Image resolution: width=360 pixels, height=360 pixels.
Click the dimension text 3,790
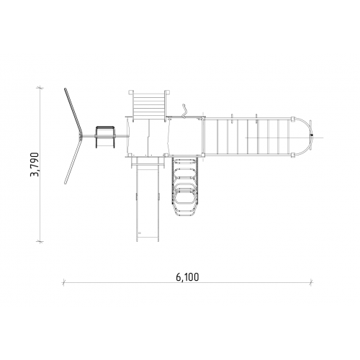(x=35, y=164)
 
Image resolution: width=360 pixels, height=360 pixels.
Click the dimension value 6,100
(x=187, y=277)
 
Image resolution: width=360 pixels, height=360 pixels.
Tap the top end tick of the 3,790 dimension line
(x=40, y=88)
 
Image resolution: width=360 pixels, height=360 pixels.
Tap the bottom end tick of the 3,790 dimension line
(x=40, y=241)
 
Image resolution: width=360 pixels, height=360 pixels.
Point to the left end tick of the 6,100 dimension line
(x=64, y=282)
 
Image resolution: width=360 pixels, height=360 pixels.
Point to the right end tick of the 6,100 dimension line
(x=311, y=282)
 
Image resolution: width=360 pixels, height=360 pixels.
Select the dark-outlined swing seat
(x=105, y=137)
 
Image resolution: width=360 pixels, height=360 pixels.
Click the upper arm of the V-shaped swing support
(x=73, y=111)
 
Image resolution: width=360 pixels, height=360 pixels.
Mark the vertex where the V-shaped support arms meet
(x=81, y=137)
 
